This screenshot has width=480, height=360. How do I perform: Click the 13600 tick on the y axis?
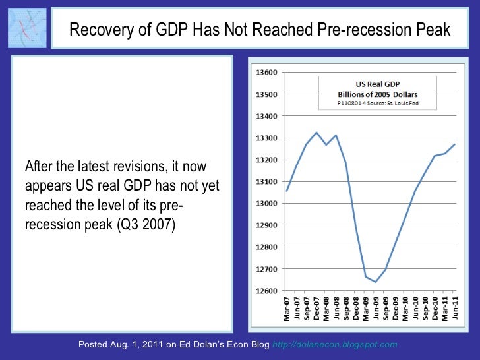coord(266,72)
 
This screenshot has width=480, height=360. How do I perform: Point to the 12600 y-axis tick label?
coord(266,291)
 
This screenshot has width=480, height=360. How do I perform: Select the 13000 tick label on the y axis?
coord(266,203)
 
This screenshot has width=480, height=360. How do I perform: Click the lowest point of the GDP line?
coord(376,282)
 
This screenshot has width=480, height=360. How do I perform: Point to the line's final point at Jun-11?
coord(454,144)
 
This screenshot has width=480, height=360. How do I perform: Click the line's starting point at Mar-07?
coord(286,191)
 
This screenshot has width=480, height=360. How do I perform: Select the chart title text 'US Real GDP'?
coord(378,85)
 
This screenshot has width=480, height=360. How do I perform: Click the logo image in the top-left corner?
coord(27,27)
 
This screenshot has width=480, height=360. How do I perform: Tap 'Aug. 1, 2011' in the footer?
coord(141,345)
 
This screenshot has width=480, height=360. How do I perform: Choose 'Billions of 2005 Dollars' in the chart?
coord(378,94)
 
